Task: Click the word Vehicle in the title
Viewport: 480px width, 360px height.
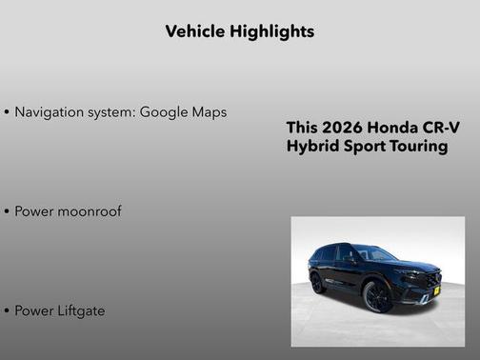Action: click(195, 31)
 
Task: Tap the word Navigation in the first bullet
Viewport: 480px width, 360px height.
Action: click(51, 111)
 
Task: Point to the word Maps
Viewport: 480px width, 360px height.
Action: click(210, 112)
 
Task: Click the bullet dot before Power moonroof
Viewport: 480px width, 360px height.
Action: click(8, 211)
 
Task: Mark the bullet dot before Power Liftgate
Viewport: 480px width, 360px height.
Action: click(8, 310)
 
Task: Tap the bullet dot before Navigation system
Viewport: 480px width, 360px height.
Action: click(8, 112)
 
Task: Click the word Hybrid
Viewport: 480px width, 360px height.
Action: click(310, 147)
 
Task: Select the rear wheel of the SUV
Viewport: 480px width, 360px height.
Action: click(317, 282)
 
